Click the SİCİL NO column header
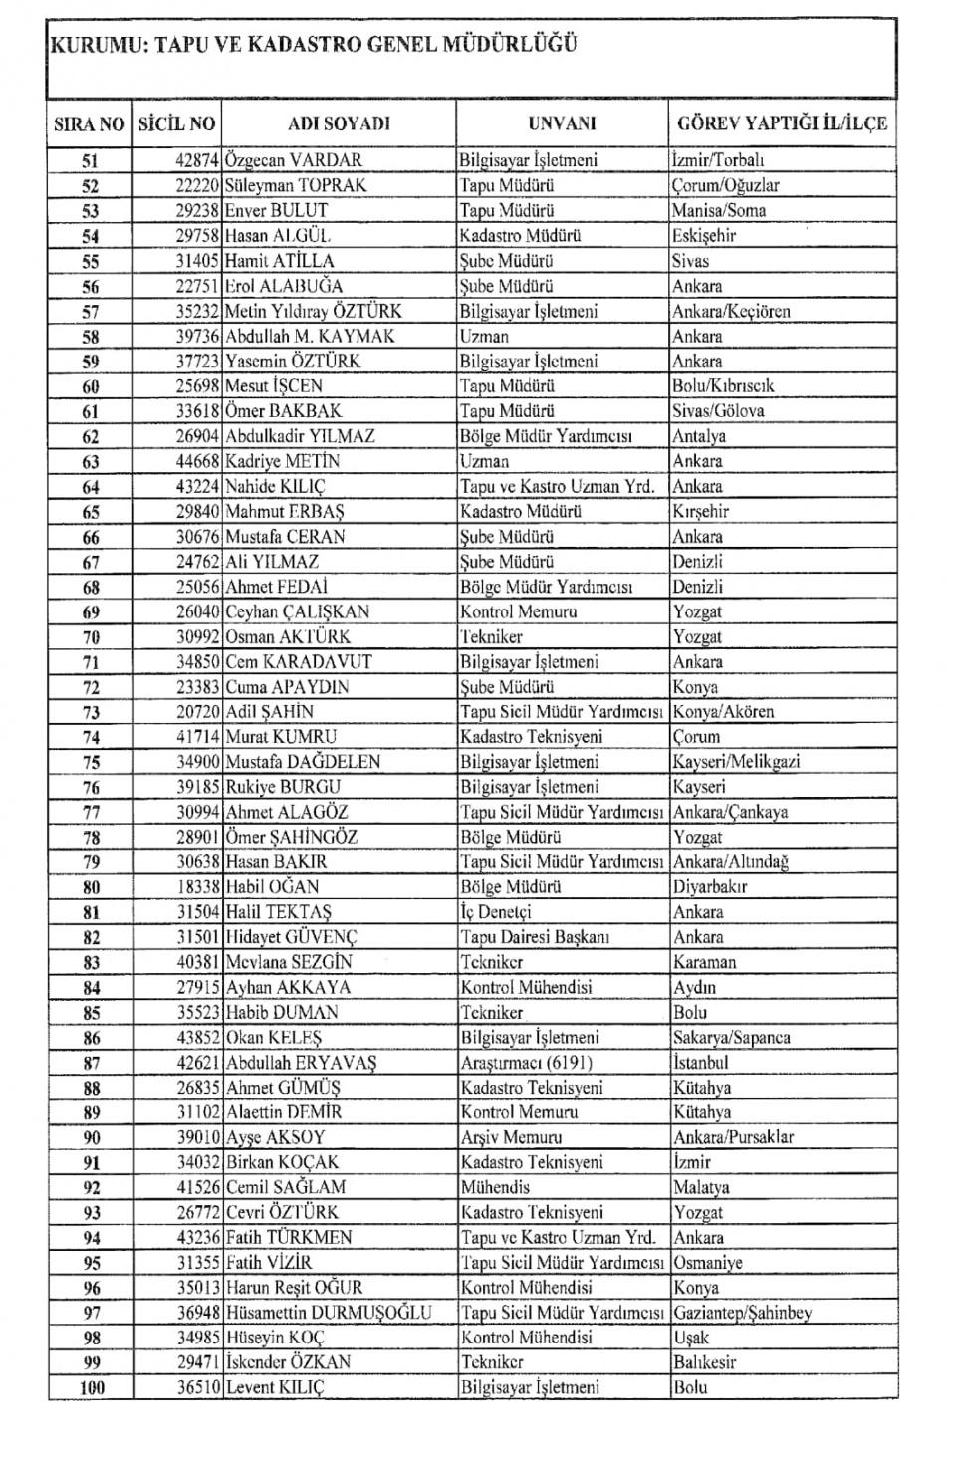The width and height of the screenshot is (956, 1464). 176,123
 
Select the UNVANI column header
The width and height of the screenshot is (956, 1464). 562,123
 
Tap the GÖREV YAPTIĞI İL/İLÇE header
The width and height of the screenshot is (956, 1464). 782,123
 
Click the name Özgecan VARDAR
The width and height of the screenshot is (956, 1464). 294,160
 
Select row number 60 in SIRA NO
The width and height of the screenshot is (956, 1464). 91,386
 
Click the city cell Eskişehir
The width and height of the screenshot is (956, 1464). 704,236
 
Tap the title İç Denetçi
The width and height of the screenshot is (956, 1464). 496,912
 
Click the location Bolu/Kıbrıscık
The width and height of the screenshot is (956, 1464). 723,386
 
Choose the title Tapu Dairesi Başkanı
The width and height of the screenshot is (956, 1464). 535,937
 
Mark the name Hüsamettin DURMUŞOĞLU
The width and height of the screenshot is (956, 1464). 329,1313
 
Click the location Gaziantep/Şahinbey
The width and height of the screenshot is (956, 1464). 742,1313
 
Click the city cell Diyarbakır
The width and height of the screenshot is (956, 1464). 710,887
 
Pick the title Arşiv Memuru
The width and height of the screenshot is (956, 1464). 511,1137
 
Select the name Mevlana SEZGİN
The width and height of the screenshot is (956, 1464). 289,962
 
